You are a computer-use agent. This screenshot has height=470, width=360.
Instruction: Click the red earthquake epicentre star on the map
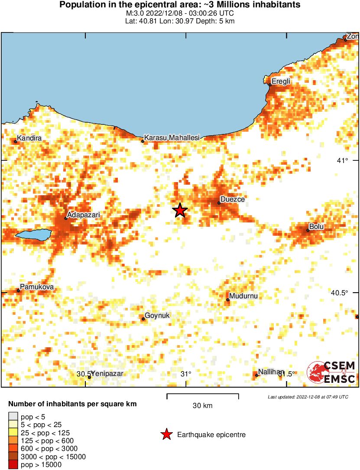180,210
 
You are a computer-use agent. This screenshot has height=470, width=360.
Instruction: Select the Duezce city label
233,199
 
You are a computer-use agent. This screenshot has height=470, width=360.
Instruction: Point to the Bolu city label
316,226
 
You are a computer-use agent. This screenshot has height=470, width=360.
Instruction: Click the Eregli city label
280,81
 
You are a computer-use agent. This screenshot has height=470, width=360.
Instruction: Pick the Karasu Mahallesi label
172,137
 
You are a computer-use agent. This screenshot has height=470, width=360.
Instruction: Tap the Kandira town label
29,138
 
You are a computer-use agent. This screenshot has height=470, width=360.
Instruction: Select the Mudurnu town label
244,296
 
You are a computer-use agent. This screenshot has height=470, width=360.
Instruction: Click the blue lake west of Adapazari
33,235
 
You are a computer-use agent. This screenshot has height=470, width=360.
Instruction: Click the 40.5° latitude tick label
339,293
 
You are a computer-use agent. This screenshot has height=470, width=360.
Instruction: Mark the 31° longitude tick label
186,374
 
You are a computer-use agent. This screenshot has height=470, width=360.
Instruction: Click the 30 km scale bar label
202,406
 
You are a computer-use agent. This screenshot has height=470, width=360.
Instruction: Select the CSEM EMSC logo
331,372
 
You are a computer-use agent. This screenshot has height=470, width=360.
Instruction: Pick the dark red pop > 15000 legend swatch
13,465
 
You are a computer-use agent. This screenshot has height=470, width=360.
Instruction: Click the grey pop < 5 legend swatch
13,417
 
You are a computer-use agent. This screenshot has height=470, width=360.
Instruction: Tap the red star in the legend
166,434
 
